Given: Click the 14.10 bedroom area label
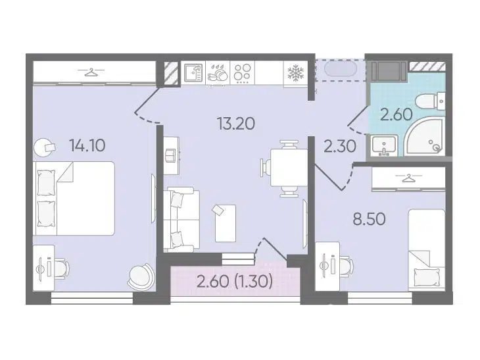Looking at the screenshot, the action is pyautogui.click(x=87, y=145).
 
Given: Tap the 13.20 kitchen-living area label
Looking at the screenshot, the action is pyautogui.click(x=235, y=124).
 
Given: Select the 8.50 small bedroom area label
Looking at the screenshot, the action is pyautogui.click(x=369, y=219).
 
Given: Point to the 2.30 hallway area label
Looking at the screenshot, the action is pyautogui.click(x=340, y=146).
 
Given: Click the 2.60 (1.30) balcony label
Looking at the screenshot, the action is pyautogui.click(x=235, y=281).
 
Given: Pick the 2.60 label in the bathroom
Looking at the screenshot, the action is pyautogui.click(x=396, y=115).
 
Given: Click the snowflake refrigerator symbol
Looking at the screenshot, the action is pyautogui.click(x=295, y=74).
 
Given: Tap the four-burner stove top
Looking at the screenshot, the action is pyautogui.click(x=243, y=73).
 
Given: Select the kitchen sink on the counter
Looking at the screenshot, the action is pyautogui.click(x=193, y=73).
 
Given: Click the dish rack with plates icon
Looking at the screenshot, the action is pyautogui.click(x=218, y=74).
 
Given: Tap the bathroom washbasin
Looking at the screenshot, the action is pyautogui.click(x=384, y=146).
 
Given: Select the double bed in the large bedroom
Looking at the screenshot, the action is pyautogui.click(x=74, y=199).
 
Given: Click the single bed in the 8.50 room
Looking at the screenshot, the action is pyautogui.click(x=426, y=249).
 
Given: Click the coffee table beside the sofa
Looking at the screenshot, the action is pyautogui.click(x=226, y=223).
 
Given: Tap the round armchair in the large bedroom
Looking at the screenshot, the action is pyautogui.click(x=140, y=276).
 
